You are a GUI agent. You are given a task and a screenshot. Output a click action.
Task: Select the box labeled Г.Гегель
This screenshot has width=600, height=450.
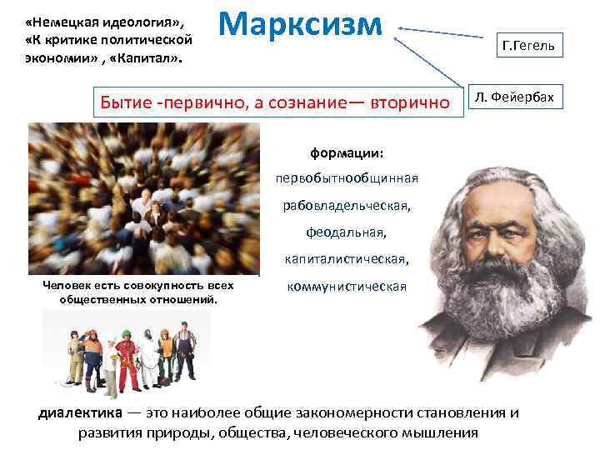(x=529, y=43)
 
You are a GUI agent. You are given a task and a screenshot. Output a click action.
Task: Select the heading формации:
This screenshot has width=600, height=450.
(x=347, y=153)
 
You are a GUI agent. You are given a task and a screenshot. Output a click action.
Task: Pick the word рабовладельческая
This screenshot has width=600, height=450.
(x=347, y=205)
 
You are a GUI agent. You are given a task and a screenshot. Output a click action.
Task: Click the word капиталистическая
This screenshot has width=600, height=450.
(x=347, y=259)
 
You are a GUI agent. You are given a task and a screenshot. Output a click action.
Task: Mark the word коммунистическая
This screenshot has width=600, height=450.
(x=347, y=287)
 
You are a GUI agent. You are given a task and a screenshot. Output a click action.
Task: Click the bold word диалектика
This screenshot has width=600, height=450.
(x=79, y=413)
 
